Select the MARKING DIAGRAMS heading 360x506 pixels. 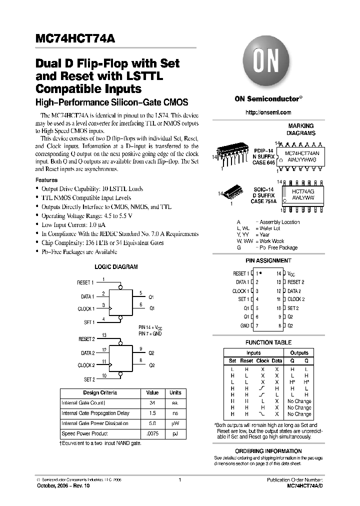pyautogui.click(x=300, y=130)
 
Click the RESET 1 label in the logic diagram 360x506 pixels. pyautogui.click(x=85, y=283)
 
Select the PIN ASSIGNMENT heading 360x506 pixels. pyautogui.click(x=268, y=260)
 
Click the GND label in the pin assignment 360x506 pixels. pyautogui.click(x=244, y=325)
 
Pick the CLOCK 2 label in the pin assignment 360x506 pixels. pyautogui.click(x=296, y=299)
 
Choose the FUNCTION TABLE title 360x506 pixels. pyautogui.click(x=268, y=342)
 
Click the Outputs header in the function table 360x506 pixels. pyautogui.click(x=299, y=352)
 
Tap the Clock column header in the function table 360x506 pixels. pyautogui.click(x=262, y=360)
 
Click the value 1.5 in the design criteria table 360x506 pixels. pyautogui.click(x=152, y=413)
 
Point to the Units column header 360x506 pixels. pyautogui.click(x=175, y=392)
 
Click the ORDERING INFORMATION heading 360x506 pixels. pyautogui.click(x=268, y=451)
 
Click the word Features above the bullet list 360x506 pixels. pyautogui.click(x=46, y=180)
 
